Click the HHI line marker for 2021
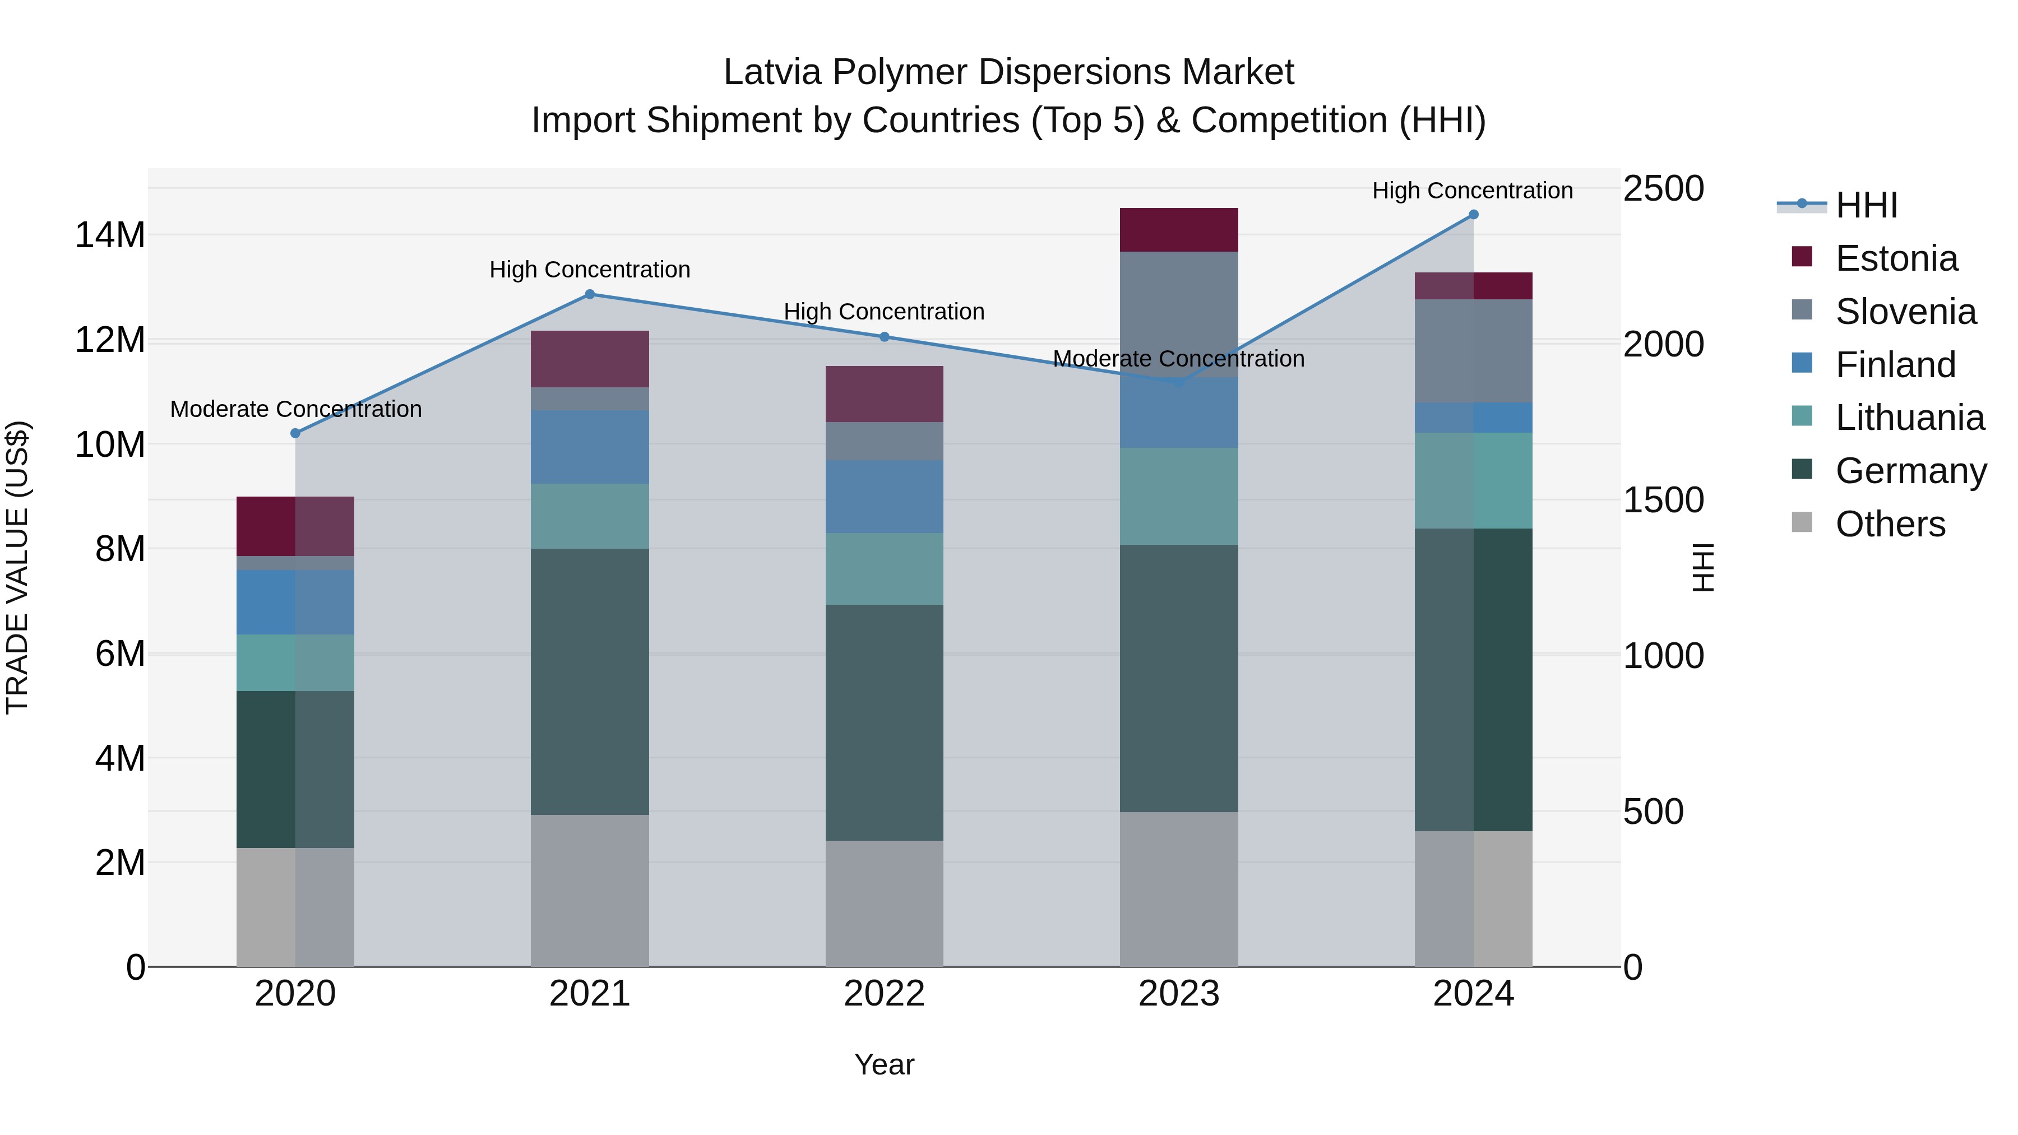tap(590, 294)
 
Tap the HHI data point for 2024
tap(1474, 215)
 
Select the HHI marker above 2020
tap(295, 433)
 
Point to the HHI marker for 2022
tap(885, 337)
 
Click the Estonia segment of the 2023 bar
tap(1179, 229)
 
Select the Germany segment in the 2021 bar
tap(590, 682)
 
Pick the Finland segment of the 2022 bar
tap(885, 497)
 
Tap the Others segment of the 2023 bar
tap(1179, 889)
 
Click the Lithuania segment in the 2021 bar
tap(590, 516)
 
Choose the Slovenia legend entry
tap(1905, 312)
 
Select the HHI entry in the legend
tap(1866, 205)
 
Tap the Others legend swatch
tap(1802, 522)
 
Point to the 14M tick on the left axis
tap(110, 235)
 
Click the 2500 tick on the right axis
tap(1663, 189)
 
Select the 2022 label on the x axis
tap(885, 994)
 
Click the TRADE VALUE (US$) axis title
tap(18, 567)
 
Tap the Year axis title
tap(885, 1064)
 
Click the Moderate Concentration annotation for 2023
tap(1178, 359)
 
